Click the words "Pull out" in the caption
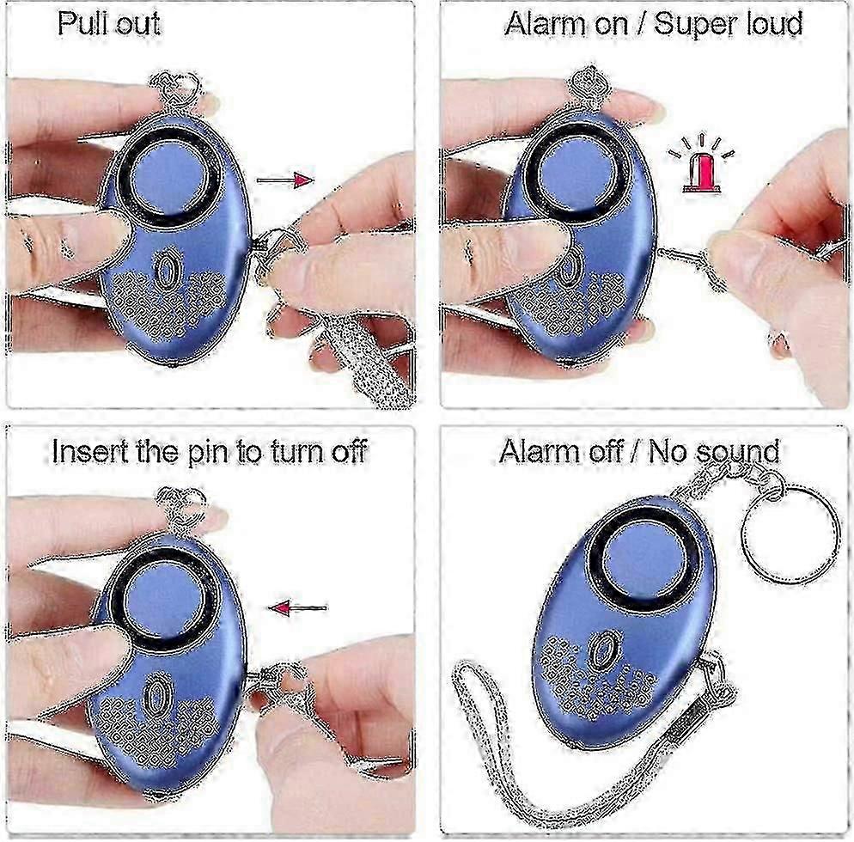(109, 23)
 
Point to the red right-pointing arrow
(285, 180)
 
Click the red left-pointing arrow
(298, 607)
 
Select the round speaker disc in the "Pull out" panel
(168, 174)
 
